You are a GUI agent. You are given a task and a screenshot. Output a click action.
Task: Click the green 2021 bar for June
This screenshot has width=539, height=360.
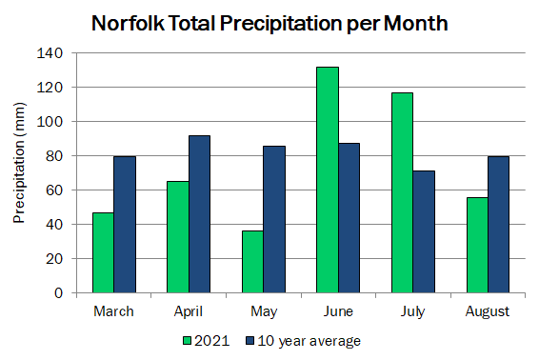point(328,180)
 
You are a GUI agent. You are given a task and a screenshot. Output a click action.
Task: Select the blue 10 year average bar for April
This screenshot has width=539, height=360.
point(199,214)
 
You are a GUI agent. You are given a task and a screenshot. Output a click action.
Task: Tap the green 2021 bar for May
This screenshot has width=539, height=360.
point(252,262)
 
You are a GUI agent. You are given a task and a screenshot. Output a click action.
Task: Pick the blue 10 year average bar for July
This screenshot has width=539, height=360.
point(424,231)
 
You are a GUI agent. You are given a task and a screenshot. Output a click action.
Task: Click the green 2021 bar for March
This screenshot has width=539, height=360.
point(103,252)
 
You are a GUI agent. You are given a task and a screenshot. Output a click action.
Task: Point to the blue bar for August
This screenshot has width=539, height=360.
point(498,225)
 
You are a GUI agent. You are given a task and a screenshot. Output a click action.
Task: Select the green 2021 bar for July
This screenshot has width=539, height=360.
point(402,192)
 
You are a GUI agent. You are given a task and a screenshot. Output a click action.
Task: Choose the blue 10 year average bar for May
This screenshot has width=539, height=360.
point(274,219)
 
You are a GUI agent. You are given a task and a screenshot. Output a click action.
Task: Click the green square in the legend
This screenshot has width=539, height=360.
point(187,341)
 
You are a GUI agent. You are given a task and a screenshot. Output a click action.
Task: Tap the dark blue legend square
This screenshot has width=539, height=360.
point(250,341)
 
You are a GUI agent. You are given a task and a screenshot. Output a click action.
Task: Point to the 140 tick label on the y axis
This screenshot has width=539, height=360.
point(50,53)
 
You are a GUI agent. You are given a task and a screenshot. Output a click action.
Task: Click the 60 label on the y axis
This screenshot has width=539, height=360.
point(54,190)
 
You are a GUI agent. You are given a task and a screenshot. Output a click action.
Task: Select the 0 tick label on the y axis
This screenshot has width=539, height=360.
point(59,293)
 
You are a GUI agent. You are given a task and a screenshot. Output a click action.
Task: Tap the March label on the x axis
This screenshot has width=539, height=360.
point(113,311)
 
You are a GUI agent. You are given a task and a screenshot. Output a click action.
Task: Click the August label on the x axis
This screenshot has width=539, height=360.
point(488,311)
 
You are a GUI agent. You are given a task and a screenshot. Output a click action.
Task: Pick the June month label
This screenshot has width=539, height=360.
point(338,311)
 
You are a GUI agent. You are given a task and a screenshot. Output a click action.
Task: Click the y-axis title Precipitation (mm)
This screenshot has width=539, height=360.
point(19,163)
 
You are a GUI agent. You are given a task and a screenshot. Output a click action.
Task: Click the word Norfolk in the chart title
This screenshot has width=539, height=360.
point(128,24)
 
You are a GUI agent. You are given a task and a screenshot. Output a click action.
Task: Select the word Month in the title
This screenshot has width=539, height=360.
point(415,24)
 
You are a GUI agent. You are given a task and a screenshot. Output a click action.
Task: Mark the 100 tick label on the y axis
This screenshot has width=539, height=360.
point(50,122)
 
